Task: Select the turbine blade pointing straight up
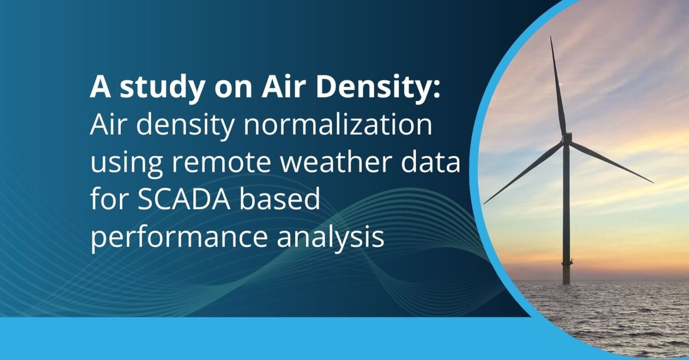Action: pos(558,85)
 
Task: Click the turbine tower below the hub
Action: pos(567,215)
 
